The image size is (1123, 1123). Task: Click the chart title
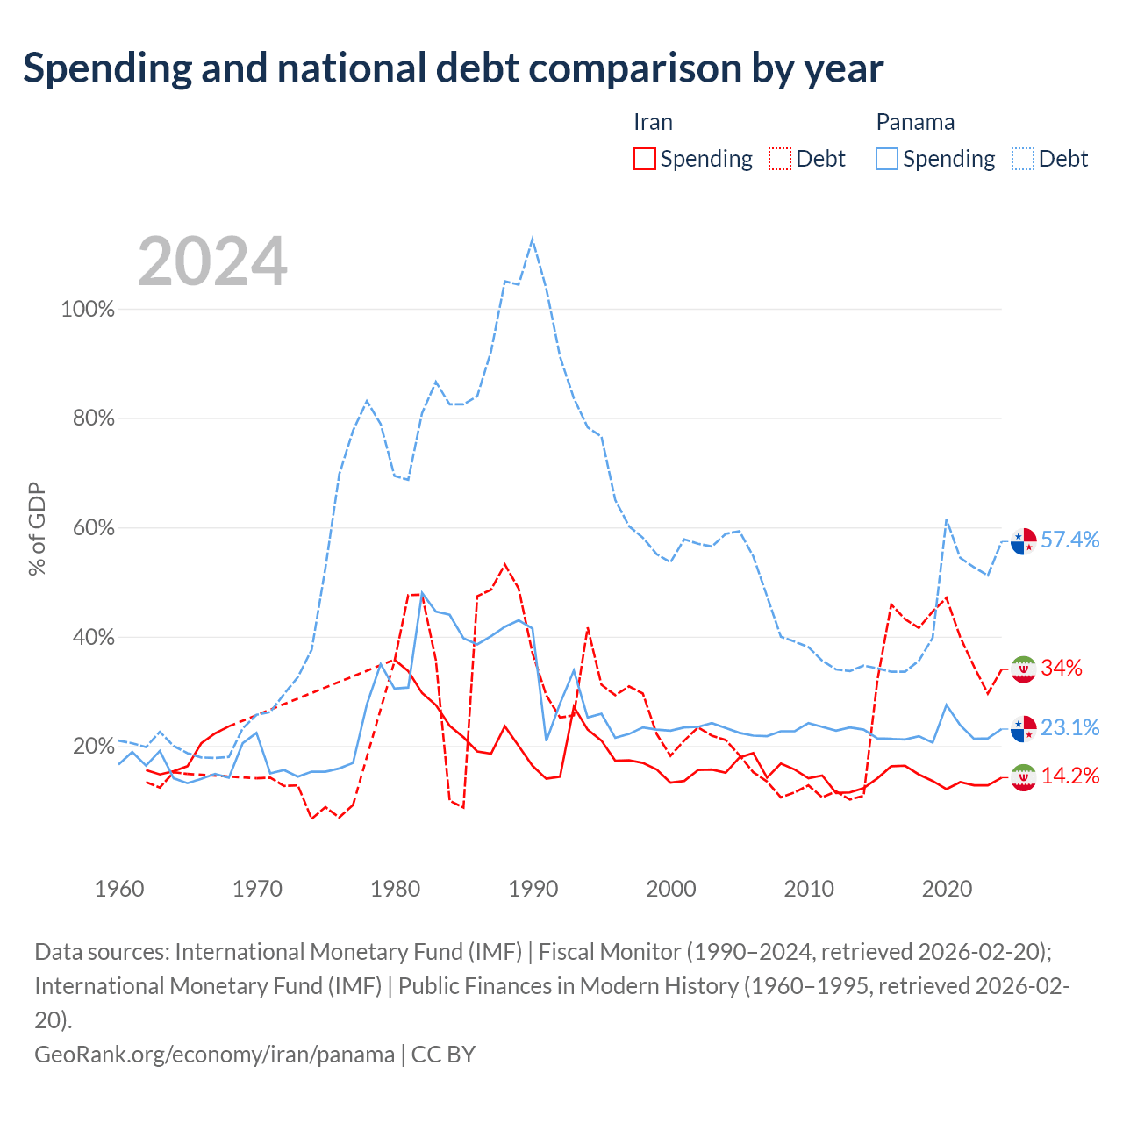[x=453, y=68]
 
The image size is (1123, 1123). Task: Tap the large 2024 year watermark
[x=212, y=261]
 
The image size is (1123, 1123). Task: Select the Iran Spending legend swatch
[x=644, y=159]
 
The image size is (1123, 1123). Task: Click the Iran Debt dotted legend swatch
[x=779, y=159]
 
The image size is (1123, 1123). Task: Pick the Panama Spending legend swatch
[x=886, y=159]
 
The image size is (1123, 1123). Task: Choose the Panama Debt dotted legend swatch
[x=1022, y=159]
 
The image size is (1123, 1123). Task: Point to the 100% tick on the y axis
[x=88, y=309]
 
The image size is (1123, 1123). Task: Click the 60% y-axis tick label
[x=93, y=528]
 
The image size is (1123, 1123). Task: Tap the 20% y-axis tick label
[x=93, y=746]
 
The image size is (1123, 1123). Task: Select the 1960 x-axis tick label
[x=119, y=889]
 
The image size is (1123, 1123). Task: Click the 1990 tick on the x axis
[x=533, y=889]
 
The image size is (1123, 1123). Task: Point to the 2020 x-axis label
[x=947, y=889]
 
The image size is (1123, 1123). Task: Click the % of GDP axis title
[x=37, y=528]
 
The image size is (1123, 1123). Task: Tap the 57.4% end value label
[x=1070, y=540]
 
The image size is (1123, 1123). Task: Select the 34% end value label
[x=1062, y=668]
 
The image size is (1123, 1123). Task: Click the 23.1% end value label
[x=1070, y=727]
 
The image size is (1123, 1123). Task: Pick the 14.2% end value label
[x=1070, y=776]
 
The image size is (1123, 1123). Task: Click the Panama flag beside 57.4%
[x=1023, y=541]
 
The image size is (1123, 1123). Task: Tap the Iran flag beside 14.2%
[x=1023, y=777]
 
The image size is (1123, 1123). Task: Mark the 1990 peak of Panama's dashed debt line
[x=532, y=238]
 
